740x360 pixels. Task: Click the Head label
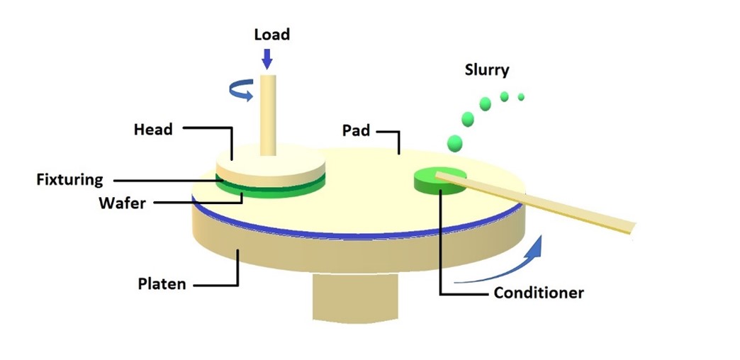coord(153,130)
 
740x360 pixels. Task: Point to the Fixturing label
coord(69,179)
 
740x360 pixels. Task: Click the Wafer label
coord(122,203)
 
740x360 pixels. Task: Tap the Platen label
coord(162,283)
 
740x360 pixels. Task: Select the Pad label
coord(356,130)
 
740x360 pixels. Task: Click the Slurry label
coord(487,69)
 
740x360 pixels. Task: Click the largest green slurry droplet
coord(454,143)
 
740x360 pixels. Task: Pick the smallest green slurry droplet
coord(521,96)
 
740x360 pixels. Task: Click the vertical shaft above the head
coord(267,113)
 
